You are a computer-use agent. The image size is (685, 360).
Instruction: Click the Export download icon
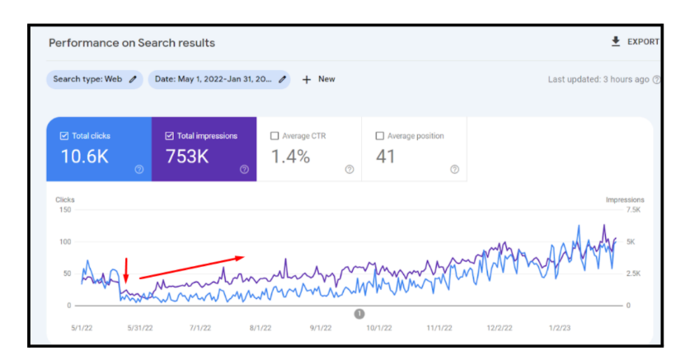616,41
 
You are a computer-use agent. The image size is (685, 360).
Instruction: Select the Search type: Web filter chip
94,79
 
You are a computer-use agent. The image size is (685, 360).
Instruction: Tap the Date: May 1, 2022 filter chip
219,79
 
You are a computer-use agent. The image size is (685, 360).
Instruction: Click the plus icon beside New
307,79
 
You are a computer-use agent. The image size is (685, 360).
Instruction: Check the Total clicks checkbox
64,136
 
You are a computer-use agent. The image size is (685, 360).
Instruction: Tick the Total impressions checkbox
170,136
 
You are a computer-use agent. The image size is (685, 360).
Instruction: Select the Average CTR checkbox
274,136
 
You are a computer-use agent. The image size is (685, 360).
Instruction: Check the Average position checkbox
380,136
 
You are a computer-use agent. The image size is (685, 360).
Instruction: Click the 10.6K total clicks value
84,157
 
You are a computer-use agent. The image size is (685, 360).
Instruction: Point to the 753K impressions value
187,157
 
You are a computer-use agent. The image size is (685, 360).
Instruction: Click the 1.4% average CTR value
290,157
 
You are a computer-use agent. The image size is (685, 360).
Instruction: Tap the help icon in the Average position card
455,170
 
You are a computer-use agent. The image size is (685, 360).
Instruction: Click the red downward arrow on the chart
126,270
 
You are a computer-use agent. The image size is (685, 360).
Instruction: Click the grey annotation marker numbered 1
359,314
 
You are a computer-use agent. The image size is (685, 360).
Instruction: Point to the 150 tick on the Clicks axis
65,210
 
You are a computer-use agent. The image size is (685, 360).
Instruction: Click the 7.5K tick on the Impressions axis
633,210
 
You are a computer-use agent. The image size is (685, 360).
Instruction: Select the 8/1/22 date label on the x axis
260,328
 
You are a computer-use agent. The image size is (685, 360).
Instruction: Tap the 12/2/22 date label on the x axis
500,328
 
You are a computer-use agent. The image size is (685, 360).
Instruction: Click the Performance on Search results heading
132,43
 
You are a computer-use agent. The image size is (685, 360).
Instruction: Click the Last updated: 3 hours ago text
598,79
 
